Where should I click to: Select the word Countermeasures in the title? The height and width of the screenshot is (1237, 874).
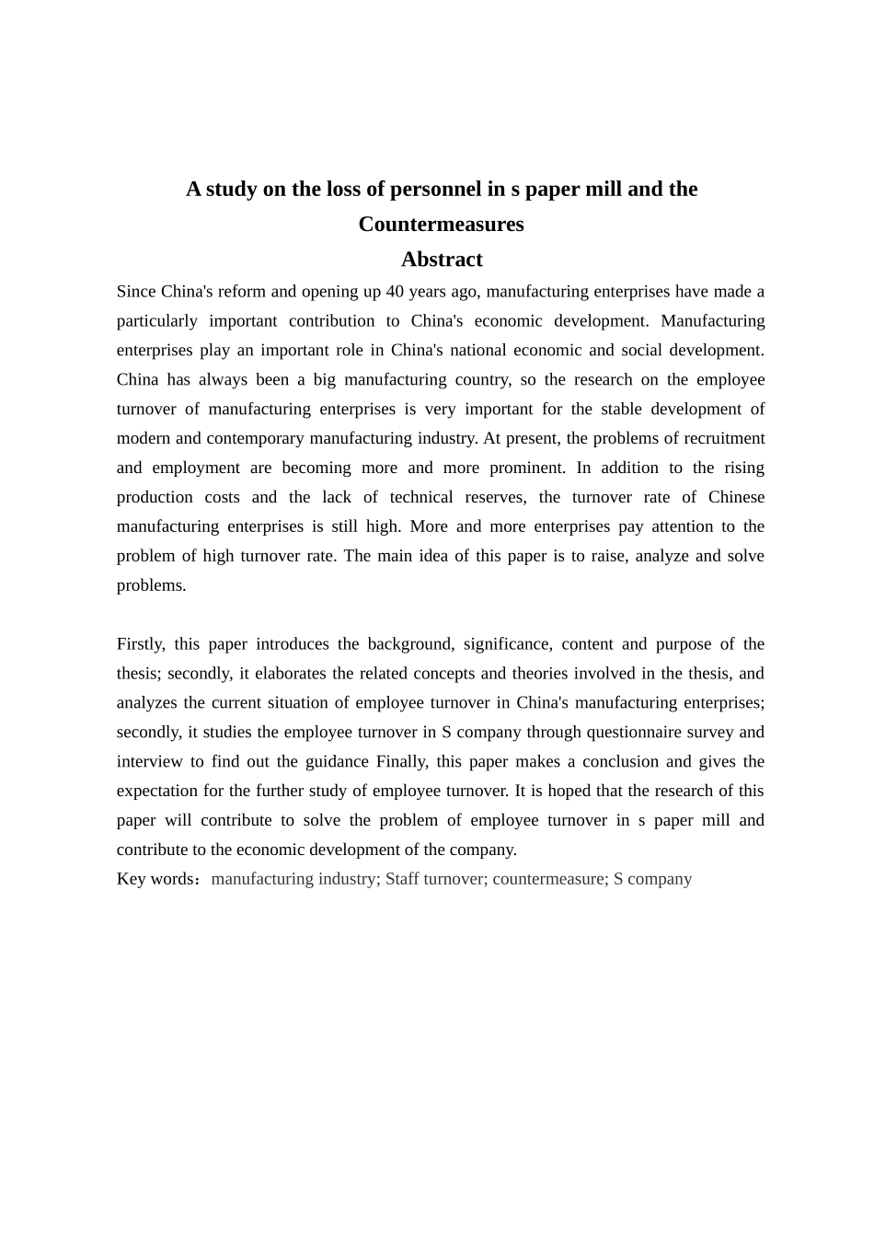click(441, 225)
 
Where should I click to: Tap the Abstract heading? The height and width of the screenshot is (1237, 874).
click(442, 260)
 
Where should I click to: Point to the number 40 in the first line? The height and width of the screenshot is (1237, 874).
click(395, 292)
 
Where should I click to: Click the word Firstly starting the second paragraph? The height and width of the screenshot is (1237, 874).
click(141, 644)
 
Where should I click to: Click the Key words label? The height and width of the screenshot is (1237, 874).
click(156, 879)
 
